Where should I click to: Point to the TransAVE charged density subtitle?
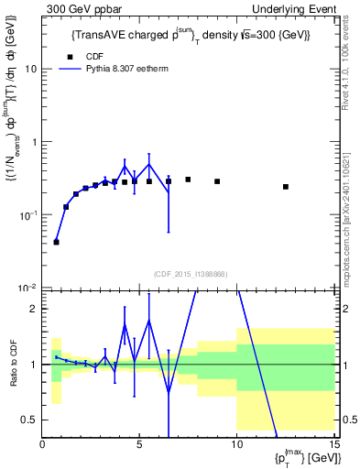[191, 35]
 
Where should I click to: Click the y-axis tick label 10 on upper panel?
[31, 69]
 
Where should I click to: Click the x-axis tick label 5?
[139, 445]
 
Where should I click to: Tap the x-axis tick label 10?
[236, 445]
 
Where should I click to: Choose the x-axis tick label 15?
[333, 445]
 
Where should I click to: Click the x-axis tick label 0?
[43, 445]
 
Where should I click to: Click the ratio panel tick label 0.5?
[30, 420]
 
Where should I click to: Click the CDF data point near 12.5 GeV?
[286, 187]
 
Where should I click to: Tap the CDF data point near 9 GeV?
[217, 181]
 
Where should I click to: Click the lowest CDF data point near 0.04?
[57, 242]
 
